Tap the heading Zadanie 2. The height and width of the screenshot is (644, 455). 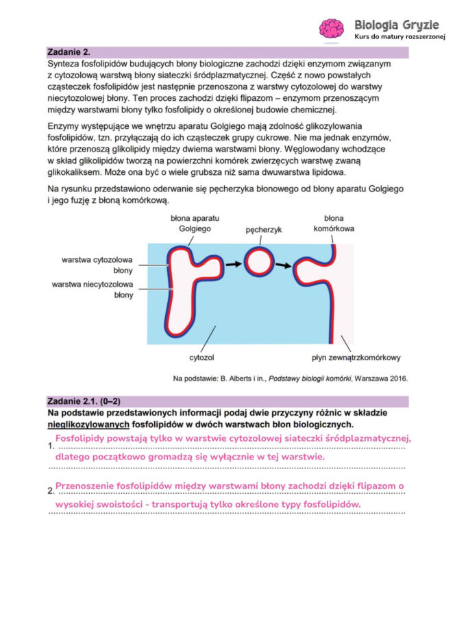[x=69, y=52]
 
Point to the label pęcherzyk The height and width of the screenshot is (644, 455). [x=264, y=230]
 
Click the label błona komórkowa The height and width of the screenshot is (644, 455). [x=334, y=223]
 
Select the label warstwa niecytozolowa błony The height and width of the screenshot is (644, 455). [x=92, y=289]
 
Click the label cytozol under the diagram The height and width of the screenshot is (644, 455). [x=202, y=357]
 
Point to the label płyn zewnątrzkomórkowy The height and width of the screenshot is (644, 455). [x=356, y=357]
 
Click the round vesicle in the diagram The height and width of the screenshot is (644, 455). [x=258, y=262]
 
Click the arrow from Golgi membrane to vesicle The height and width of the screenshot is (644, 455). [x=234, y=263]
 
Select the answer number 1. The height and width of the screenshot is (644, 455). [x=51, y=446]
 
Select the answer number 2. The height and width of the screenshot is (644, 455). [x=51, y=491]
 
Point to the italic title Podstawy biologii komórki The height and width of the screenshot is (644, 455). [x=314, y=377]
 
